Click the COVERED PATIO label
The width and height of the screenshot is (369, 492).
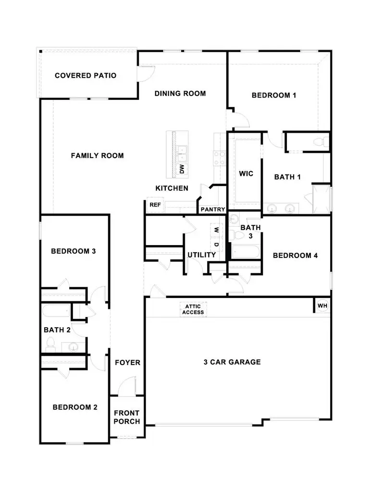86,75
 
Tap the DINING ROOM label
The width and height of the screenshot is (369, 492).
180,93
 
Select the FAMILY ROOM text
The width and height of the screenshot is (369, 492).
98,155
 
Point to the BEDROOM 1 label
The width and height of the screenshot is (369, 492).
274,95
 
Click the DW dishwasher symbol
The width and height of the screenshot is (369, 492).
182,169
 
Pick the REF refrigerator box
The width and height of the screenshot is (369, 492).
155,205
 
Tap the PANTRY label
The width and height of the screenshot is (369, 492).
213,209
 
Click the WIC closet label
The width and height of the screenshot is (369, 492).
246,173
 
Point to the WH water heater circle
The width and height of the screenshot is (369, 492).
322,306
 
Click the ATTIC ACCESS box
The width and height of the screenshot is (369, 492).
193,309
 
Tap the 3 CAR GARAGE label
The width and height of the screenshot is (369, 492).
232,362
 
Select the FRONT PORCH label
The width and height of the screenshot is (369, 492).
127,417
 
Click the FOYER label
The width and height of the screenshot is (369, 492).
127,362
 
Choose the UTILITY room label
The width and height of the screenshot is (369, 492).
201,255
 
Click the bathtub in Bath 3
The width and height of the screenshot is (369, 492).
245,251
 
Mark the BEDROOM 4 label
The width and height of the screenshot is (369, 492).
295,256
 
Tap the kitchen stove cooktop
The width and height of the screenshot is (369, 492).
220,158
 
